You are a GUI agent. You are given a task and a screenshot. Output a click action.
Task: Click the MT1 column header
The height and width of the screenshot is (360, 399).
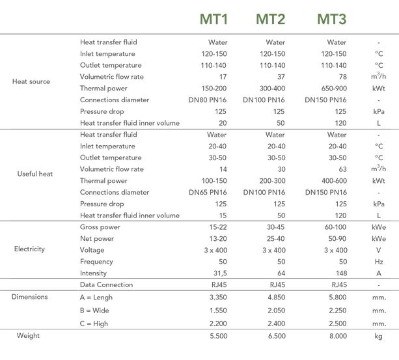(213, 19)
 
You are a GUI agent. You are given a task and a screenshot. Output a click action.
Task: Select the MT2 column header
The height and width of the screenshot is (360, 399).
(271, 19)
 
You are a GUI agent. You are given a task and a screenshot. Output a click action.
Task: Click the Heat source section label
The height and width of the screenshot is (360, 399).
(31, 82)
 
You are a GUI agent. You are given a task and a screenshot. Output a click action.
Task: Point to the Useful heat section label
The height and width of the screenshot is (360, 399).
(34, 174)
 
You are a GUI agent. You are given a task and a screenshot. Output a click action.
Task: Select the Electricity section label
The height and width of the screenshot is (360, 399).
(29, 249)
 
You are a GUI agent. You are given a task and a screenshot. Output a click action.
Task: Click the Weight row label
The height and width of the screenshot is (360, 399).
(28, 335)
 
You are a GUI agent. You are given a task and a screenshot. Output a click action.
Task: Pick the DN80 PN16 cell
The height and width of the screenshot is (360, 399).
(208, 100)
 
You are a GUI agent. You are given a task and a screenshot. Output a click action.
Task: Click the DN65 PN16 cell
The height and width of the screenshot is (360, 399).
(208, 192)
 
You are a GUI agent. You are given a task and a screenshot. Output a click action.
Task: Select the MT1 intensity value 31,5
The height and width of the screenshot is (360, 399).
(217, 273)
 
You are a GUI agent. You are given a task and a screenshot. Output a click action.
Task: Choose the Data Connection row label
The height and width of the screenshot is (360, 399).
(106, 284)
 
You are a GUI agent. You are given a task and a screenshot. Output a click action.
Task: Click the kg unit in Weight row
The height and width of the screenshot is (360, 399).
(378, 336)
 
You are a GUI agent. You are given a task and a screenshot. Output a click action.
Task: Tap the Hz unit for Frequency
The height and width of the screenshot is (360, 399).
(378, 262)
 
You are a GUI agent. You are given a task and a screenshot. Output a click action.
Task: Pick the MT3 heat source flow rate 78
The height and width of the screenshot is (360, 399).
(342, 77)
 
